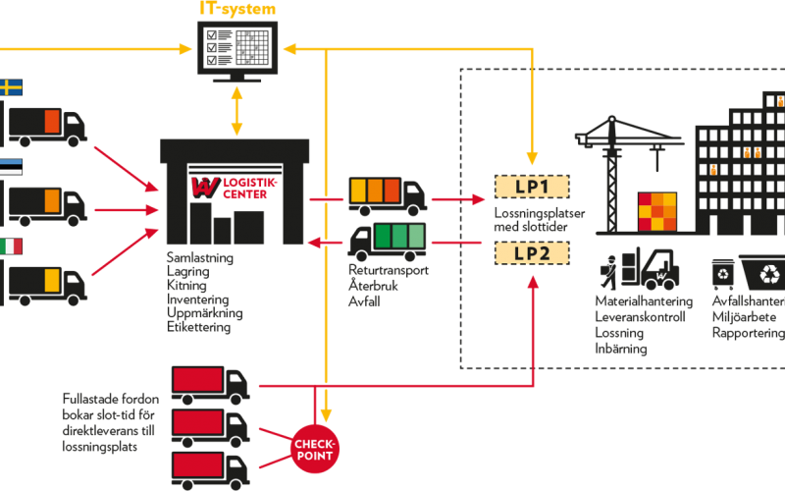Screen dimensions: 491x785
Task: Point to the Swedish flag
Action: [x=11, y=88]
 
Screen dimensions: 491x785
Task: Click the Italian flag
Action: [x=11, y=246]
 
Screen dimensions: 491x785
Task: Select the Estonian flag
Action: [x=11, y=168]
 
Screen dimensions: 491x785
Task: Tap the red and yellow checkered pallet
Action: [x=656, y=211]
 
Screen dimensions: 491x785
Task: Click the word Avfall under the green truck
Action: [x=366, y=301]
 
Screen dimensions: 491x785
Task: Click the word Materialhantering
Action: [x=644, y=301]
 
